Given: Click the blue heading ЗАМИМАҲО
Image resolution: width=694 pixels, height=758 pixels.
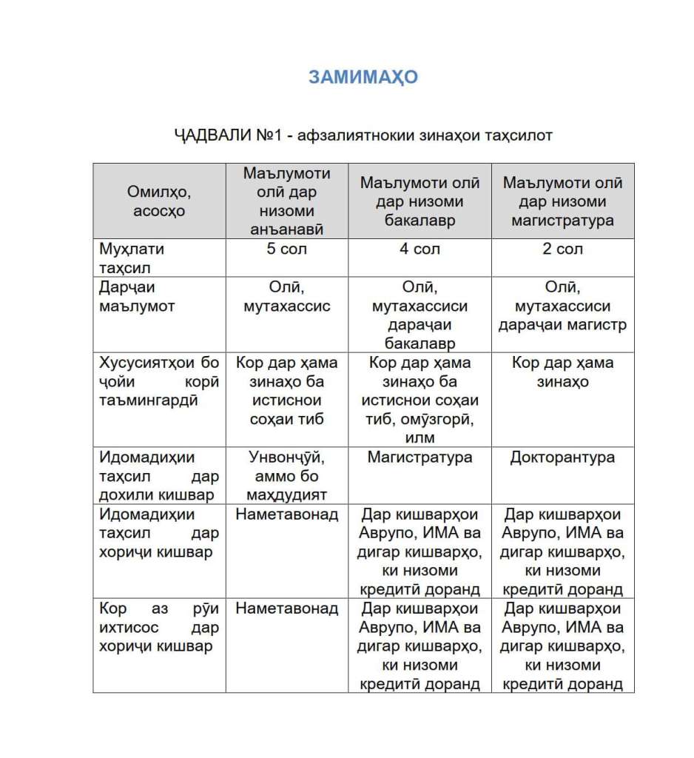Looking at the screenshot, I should coord(363,77).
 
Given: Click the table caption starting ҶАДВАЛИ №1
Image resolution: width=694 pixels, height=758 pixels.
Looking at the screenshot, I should coord(363,135).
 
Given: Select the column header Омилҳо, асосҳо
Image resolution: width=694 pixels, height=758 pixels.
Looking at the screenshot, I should coord(158,201).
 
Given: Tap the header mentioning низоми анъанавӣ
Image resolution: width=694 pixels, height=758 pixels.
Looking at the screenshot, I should coord(286,201).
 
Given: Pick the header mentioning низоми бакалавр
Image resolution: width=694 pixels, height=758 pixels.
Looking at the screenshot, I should coord(420,201).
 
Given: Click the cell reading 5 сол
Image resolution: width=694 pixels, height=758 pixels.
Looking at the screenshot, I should coord(286,249).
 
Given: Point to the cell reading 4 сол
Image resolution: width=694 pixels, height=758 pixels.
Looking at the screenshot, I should coord(420,249).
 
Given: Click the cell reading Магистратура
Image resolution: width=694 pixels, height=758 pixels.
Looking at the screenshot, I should coord(420,457).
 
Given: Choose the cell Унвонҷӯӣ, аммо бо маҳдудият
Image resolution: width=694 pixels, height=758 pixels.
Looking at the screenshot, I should coord(286,476).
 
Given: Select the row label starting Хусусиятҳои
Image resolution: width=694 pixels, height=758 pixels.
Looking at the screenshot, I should coord(158,381).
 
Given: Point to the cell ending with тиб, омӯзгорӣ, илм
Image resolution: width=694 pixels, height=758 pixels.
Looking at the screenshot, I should coord(420,400).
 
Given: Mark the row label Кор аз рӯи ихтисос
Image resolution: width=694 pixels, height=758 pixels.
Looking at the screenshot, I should coord(158,627).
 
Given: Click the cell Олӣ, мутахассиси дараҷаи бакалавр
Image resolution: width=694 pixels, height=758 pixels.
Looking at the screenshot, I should coord(420,315).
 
